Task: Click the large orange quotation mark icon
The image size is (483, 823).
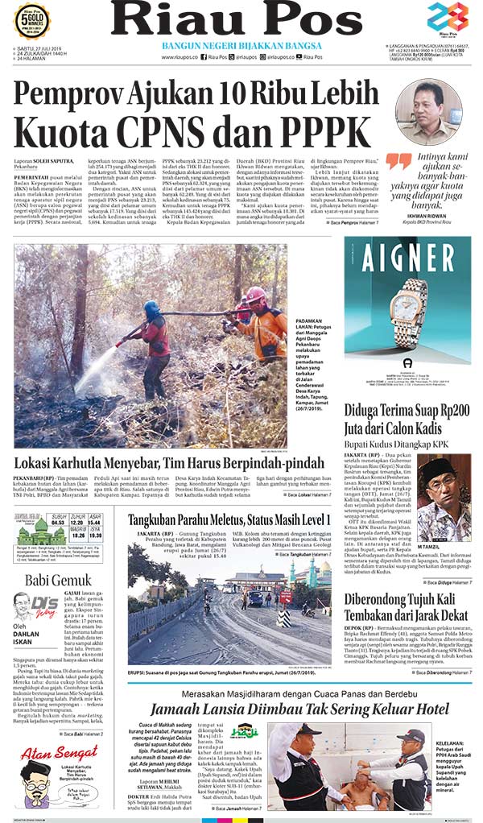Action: coord(398,162)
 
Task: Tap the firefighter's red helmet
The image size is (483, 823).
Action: coord(256,295)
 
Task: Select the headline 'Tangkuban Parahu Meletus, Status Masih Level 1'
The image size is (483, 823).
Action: coord(229,520)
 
